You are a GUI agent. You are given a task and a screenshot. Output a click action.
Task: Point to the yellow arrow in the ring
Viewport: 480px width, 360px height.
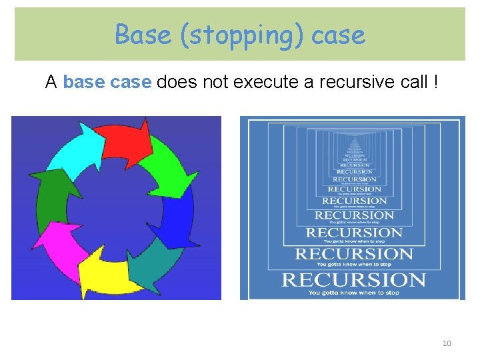[x=103, y=270]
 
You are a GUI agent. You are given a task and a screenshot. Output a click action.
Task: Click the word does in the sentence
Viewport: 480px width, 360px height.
[x=177, y=83]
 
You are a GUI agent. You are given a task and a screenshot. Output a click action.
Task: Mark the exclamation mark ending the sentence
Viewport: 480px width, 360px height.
[x=436, y=83]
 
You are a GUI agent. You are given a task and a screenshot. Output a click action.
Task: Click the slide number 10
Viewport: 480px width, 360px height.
[x=447, y=343]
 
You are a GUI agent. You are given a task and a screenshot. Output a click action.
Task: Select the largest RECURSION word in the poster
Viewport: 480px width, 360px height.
[x=353, y=280]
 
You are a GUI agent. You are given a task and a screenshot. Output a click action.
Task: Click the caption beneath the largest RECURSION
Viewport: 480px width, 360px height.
[x=353, y=292]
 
